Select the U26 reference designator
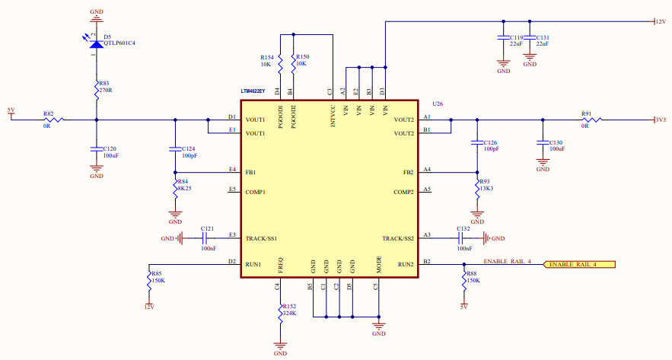[x=438, y=104]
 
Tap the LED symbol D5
[x=96, y=43]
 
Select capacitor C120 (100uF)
[x=97, y=148]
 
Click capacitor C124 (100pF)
[x=176, y=148]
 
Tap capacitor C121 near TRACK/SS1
[x=207, y=238]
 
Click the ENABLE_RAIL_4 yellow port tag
[x=578, y=265]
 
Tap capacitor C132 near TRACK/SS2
[x=463, y=238]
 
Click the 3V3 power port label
[x=660, y=119]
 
